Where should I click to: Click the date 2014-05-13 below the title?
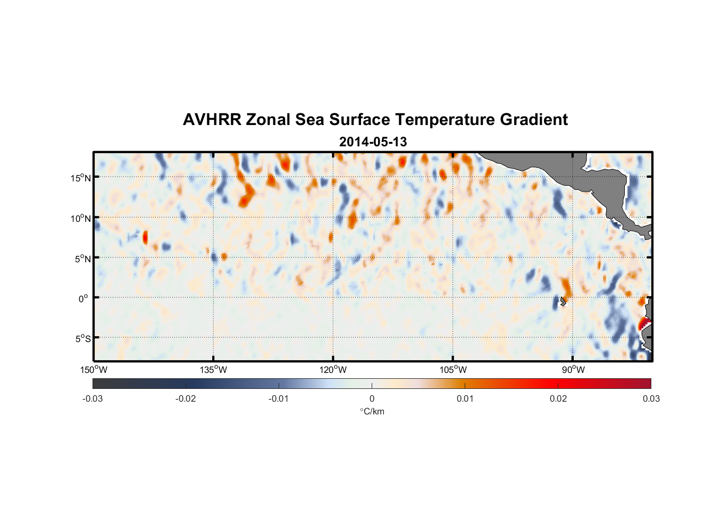(x=373, y=142)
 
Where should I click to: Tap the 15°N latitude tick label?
(x=80, y=178)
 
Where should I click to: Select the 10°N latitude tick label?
(x=80, y=218)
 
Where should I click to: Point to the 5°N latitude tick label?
(x=82, y=259)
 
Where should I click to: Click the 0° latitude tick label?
(x=83, y=298)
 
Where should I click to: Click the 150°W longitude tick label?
(x=94, y=370)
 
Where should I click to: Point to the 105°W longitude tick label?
(x=453, y=370)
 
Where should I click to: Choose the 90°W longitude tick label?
(x=573, y=370)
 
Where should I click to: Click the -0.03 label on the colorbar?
(x=93, y=398)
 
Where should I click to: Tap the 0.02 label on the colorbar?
(x=558, y=398)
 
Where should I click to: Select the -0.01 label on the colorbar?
(x=278, y=398)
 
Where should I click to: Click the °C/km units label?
(x=372, y=411)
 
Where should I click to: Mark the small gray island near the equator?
(x=562, y=301)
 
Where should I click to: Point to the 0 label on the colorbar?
(x=372, y=398)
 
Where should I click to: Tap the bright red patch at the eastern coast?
(x=644, y=322)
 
